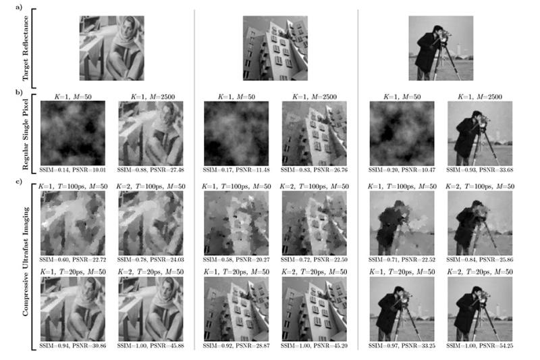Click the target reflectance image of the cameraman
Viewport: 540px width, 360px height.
tap(440, 48)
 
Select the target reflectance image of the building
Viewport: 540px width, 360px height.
tap(275, 48)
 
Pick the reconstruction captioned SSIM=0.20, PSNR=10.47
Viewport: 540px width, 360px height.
tap(402, 132)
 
